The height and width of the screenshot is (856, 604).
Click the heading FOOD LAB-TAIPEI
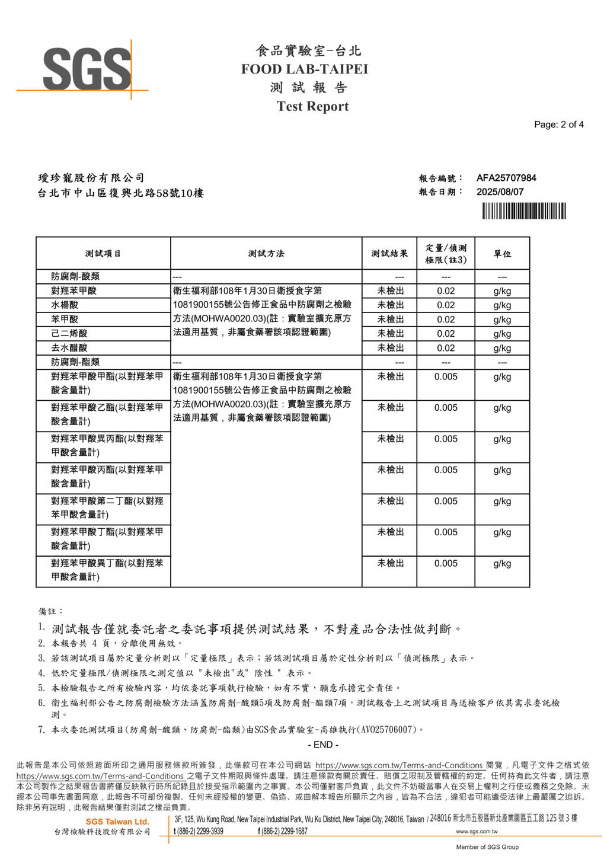[x=304, y=69]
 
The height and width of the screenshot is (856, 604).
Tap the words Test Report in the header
[x=312, y=107]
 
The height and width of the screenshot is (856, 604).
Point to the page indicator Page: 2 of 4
[x=558, y=124]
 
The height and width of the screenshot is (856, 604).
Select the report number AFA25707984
[x=506, y=178]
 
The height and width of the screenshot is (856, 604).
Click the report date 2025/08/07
[x=500, y=192]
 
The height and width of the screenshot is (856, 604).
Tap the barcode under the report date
[x=523, y=211]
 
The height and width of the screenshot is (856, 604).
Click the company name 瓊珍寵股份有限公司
[x=91, y=178]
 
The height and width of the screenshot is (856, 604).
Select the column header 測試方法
[x=266, y=254]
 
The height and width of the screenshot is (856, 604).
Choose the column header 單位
[x=502, y=254]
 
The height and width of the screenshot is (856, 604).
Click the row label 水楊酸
[x=65, y=305]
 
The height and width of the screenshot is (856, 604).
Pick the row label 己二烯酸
[x=69, y=334]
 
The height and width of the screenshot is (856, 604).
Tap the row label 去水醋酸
[x=69, y=348]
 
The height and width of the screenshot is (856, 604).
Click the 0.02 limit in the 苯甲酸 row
[x=446, y=320]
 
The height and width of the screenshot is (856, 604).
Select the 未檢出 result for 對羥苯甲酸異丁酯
[x=391, y=563]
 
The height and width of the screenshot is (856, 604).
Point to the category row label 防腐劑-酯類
[x=75, y=362]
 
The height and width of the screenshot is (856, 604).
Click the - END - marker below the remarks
[x=323, y=745]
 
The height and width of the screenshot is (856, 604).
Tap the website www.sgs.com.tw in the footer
[x=477, y=832]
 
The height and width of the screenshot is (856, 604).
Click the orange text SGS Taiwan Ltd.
[x=117, y=822]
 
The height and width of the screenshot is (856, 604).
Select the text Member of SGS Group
[x=487, y=847]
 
